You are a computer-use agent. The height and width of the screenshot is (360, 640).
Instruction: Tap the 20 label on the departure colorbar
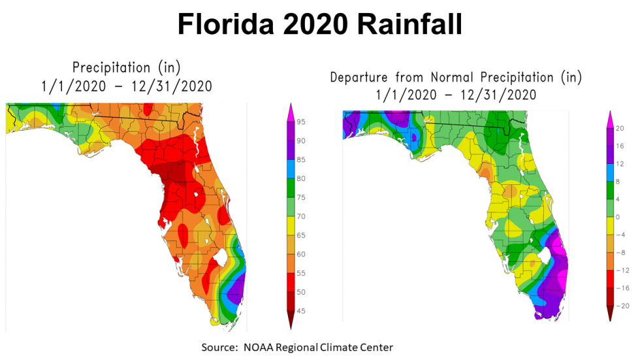(621, 128)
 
